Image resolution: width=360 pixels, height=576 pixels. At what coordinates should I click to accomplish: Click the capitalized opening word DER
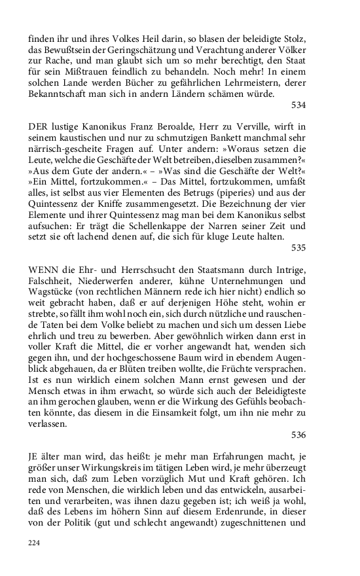click(38, 124)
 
